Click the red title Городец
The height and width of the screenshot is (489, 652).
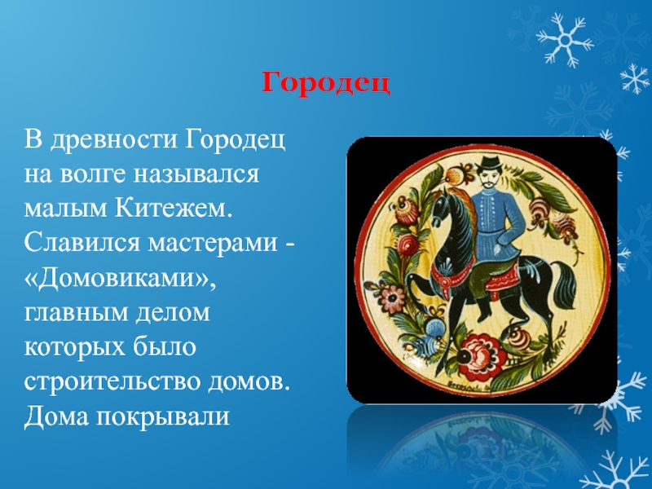[326, 83]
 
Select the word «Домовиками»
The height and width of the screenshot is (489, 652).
[120, 278]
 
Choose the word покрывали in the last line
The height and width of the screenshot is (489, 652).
[162, 416]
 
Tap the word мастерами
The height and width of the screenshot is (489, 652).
[213, 243]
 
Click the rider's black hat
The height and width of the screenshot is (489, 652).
[490, 163]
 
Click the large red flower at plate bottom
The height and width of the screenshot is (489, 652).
[481, 355]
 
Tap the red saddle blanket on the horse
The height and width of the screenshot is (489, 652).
[501, 280]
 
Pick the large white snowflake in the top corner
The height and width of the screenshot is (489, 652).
[565, 40]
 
